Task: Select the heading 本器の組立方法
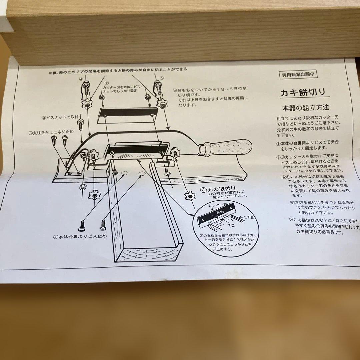tap(305, 108)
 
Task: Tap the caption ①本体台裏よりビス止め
tap(80, 237)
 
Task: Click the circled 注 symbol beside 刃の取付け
tap(203, 189)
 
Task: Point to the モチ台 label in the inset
tap(248, 217)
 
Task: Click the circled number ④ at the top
tap(81, 79)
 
